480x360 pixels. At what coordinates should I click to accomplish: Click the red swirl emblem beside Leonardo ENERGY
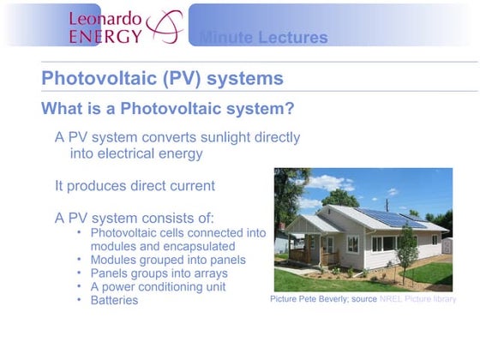165,25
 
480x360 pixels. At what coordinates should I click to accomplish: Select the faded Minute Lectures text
262,38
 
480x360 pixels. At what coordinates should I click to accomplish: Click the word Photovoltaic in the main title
96,78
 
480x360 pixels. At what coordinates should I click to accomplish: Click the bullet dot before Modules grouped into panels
79,259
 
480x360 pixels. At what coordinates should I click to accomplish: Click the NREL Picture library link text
417,299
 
